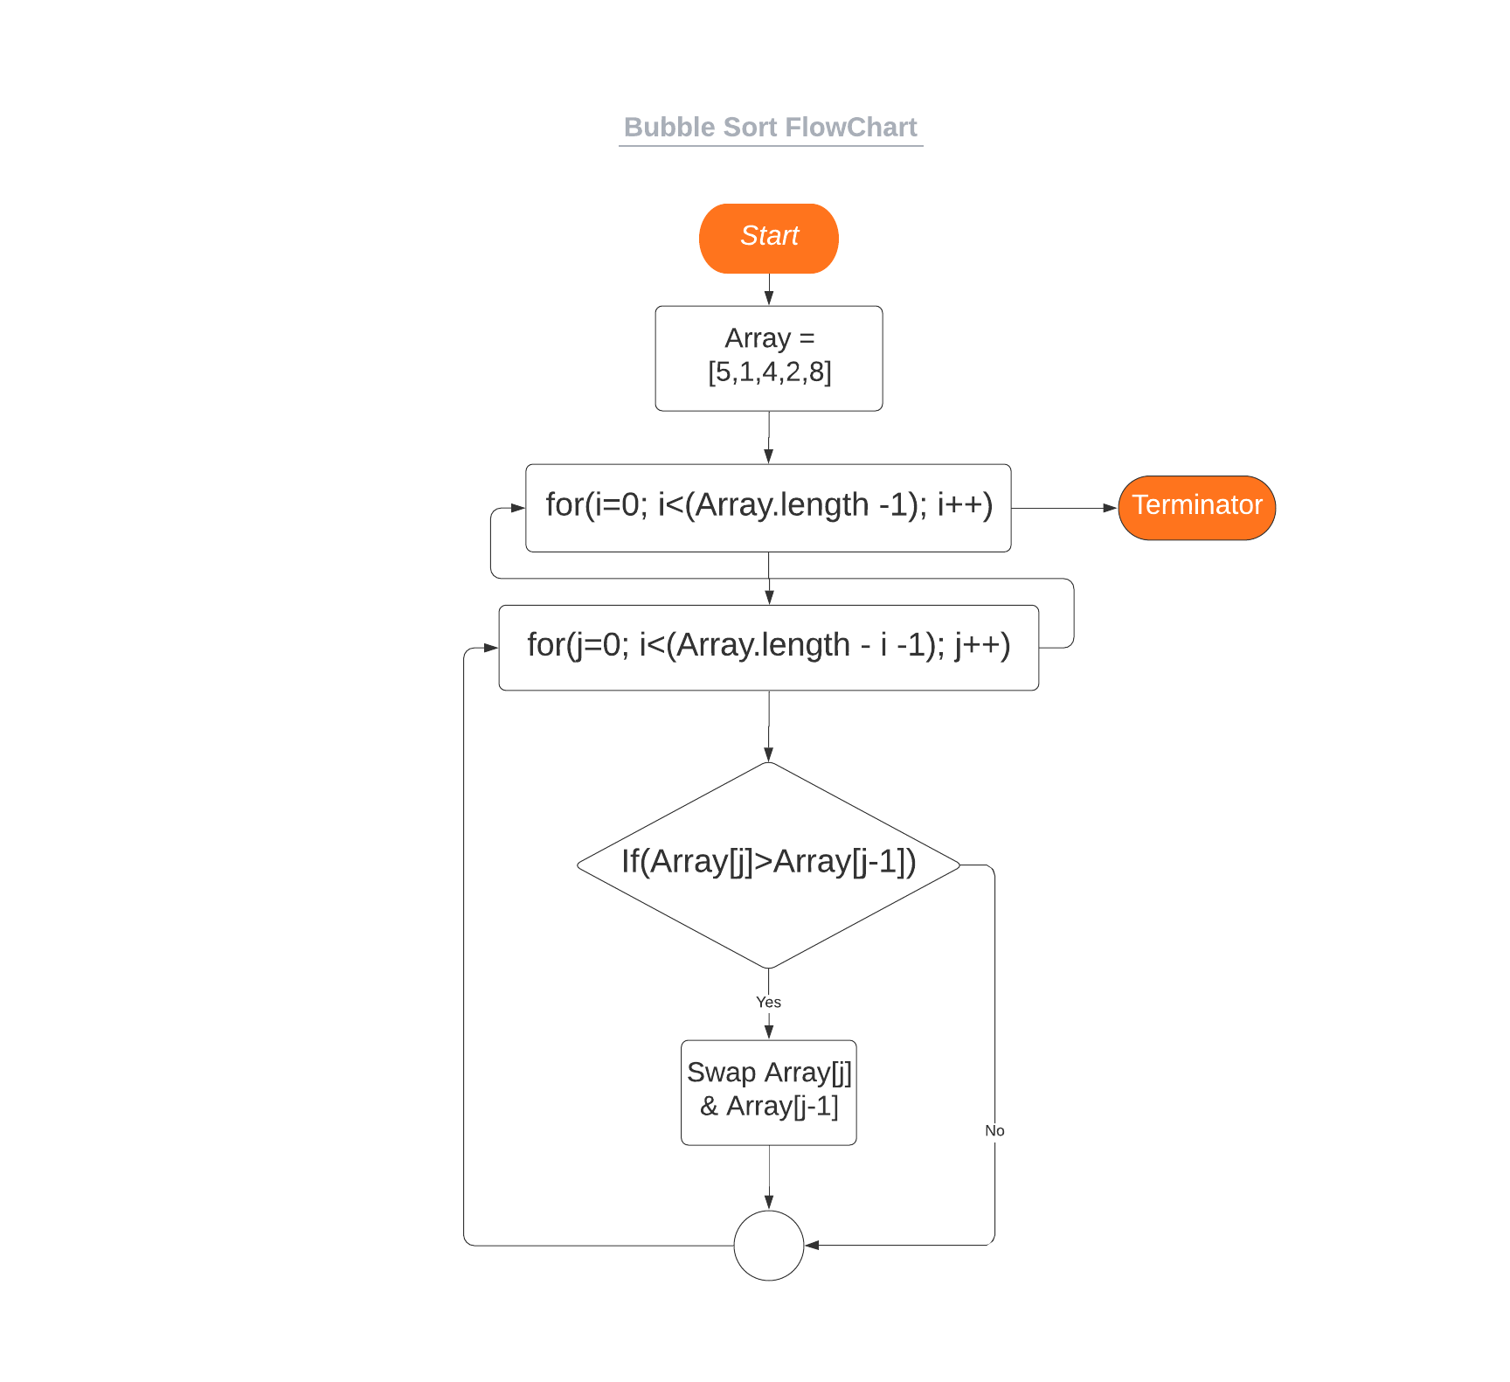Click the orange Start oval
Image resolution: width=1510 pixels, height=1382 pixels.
(x=769, y=239)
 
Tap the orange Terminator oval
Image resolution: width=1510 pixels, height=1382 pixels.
(x=1196, y=508)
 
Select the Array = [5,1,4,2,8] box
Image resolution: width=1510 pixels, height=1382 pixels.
(x=769, y=358)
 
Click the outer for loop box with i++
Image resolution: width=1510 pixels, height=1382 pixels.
(x=769, y=508)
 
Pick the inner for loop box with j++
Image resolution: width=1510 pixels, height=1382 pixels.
(x=769, y=648)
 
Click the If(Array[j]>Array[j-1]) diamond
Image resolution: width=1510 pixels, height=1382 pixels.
(x=769, y=865)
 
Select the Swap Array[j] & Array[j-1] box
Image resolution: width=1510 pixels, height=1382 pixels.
(x=769, y=1093)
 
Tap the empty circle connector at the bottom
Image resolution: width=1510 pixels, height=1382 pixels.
(x=769, y=1246)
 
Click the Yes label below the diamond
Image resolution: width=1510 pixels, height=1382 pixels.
(x=769, y=1003)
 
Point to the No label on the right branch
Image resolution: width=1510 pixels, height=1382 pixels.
(x=994, y=1131)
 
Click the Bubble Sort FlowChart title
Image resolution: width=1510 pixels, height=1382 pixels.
(x=771, y=128)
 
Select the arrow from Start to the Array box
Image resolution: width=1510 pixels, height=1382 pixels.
(x=769, y=290)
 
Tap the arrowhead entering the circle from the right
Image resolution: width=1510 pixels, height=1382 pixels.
(x=812, y=1246)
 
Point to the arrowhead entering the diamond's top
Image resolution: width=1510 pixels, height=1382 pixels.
(x=769, y=754)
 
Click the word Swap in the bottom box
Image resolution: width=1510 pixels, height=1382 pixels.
(x=722, y=1073)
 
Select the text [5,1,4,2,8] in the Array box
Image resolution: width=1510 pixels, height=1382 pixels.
(x=770, y=372)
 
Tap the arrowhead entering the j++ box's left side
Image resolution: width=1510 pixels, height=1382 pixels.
(x=490, y=648)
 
